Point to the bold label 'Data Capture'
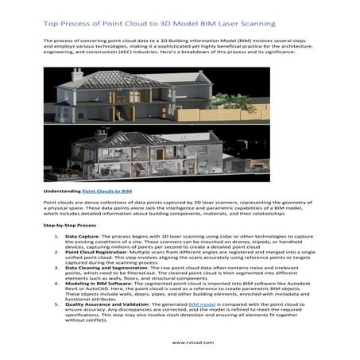82,237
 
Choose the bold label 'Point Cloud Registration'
99,254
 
